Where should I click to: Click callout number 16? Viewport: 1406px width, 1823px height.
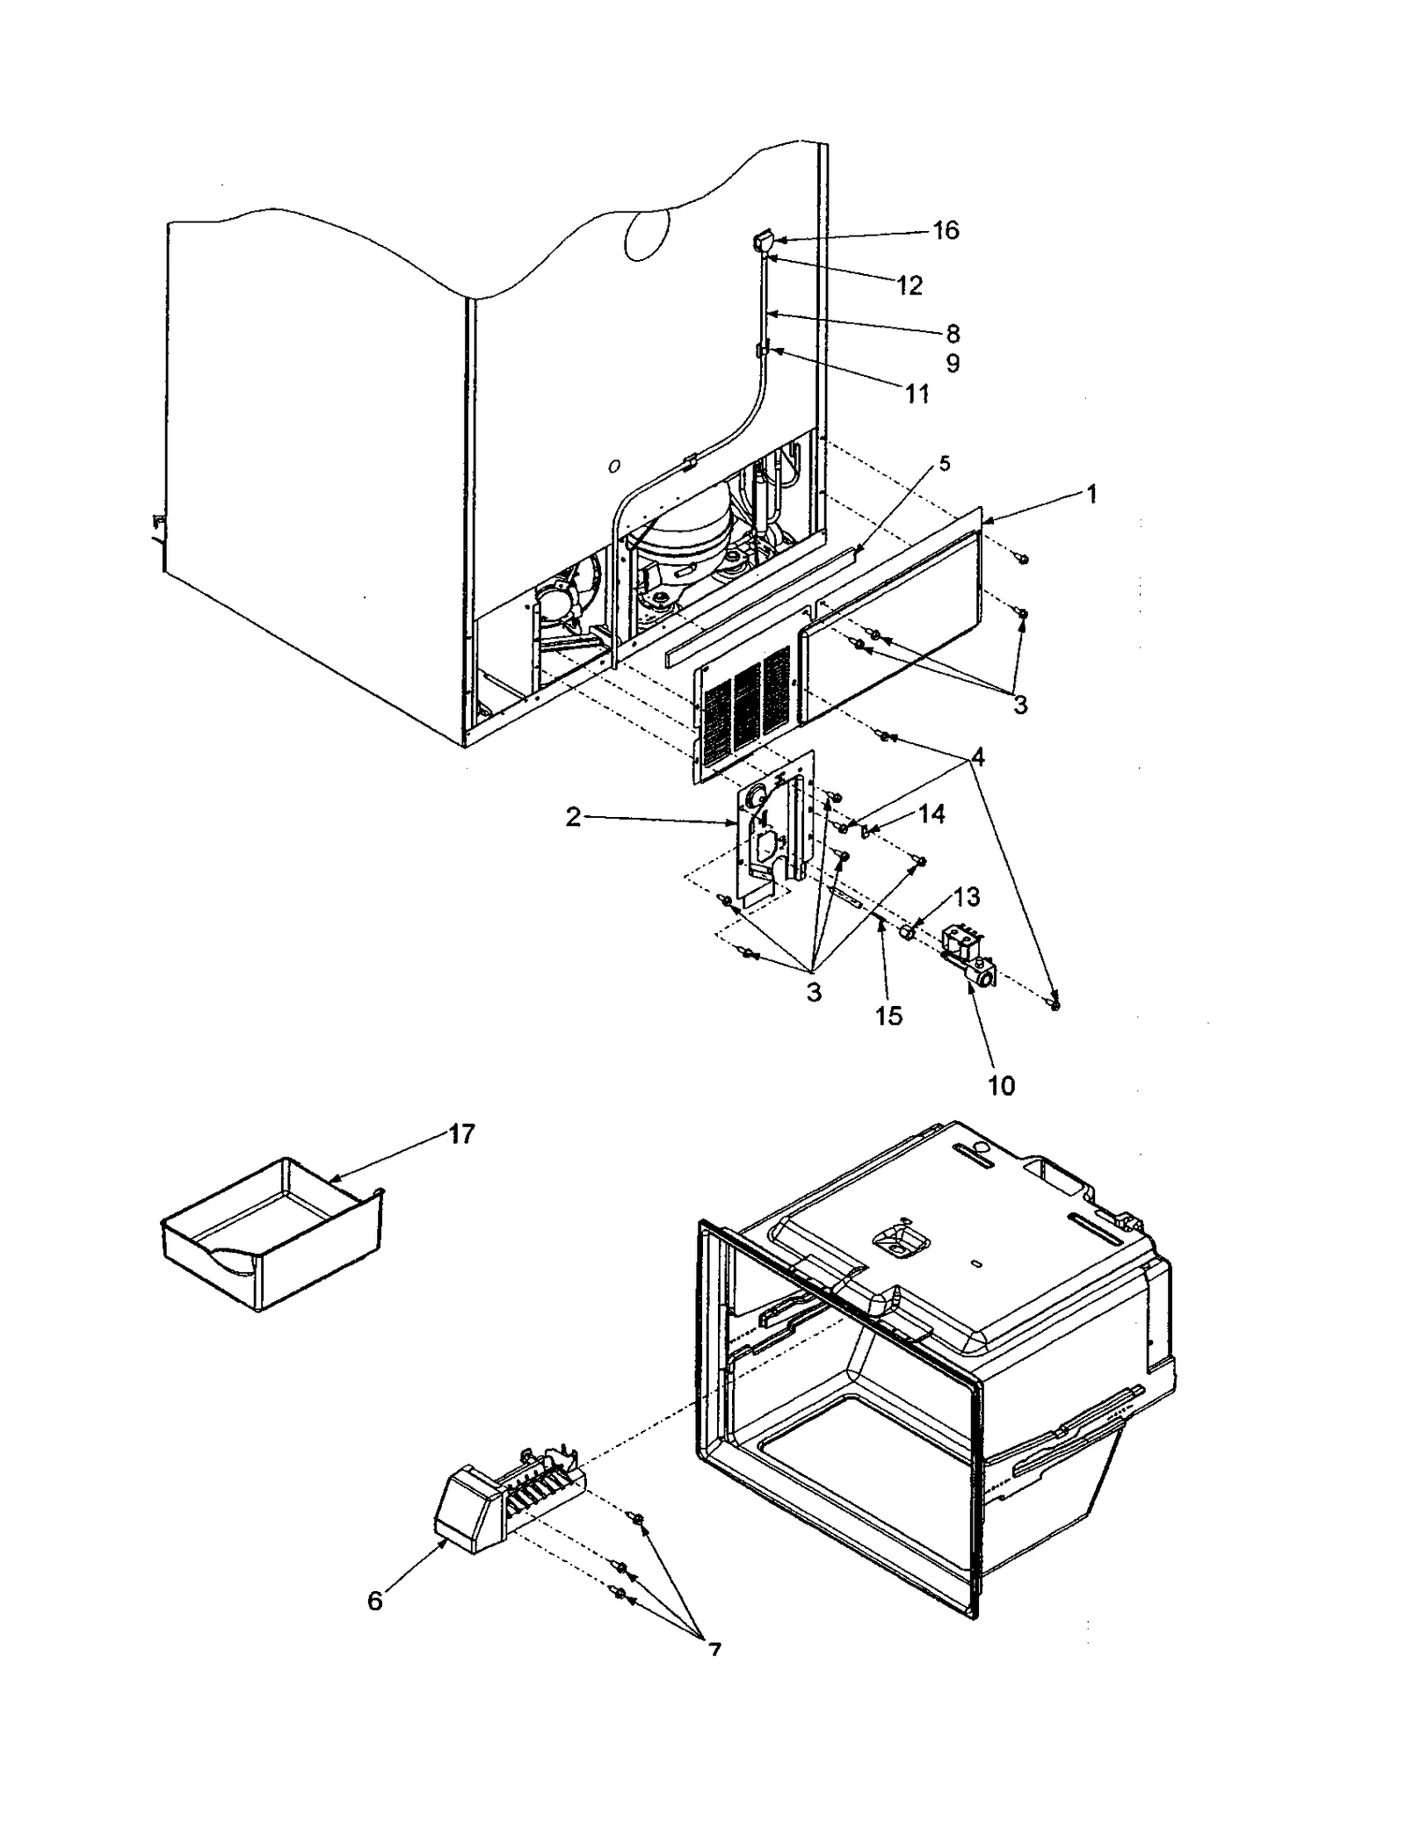[946, 230]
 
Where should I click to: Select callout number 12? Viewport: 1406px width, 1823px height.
[910, 286]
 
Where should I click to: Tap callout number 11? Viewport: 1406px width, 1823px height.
[917, 394]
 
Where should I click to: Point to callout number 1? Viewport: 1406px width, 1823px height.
[1091, 495]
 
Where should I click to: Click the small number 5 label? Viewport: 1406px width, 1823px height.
[945, 463]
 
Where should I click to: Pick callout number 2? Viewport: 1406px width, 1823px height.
[573, 818]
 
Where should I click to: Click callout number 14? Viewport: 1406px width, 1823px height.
[931, 814]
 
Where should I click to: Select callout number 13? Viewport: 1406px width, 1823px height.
[966, 897]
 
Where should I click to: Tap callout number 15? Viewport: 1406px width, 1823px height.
[888, 1016]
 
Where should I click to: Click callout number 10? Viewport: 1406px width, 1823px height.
[1001, 1086]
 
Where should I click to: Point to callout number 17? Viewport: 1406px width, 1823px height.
[461, 1134]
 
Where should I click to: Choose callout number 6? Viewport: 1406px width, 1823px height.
[375, 1601]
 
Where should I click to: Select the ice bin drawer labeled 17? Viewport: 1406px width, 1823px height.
[272, 1239]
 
